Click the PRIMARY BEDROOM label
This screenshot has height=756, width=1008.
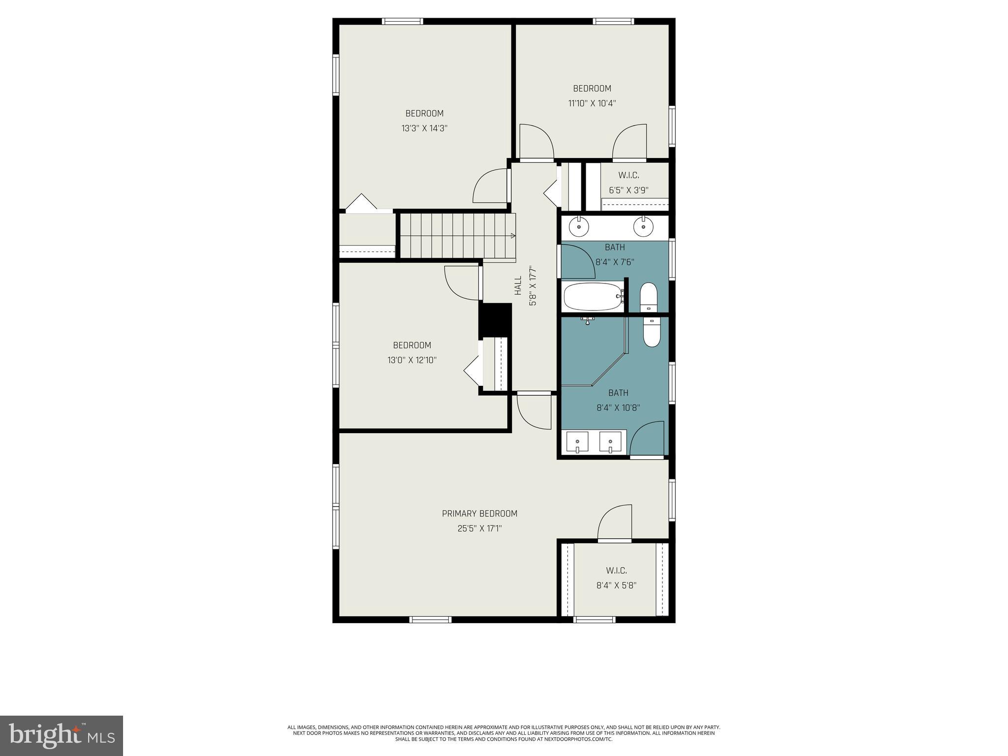(479, 513)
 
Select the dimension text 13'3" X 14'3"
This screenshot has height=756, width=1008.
(424, 128)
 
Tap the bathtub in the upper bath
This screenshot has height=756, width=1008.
(593, 297)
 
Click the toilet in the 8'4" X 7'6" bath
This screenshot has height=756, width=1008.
(648, 297)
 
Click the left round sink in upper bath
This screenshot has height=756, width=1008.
(579, 227)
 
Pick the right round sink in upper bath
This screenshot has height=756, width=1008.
(642, 227)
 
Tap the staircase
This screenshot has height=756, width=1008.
(457, 235)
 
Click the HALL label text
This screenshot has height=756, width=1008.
(518, 285)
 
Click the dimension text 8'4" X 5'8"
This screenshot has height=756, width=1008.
(616, 586)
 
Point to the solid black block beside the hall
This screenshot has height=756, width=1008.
(496, 320)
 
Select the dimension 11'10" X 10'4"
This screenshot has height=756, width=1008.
(592, 103)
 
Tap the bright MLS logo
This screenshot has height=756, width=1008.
(62, 735)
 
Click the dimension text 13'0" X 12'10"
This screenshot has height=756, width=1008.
(412, 360)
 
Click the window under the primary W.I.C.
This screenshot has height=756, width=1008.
(595, 619)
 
